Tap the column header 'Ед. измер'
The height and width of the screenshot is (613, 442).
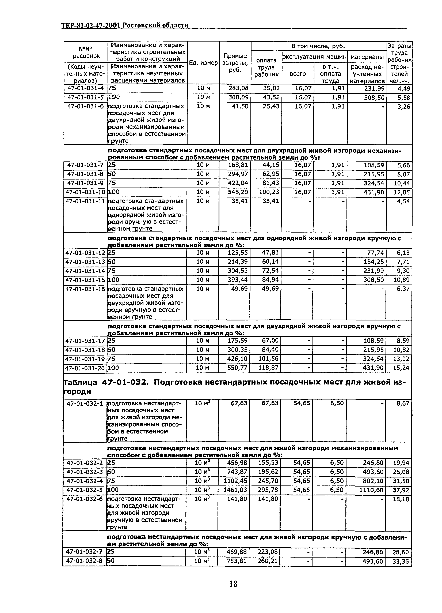(x=203, y=63)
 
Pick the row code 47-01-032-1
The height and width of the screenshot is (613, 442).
(x=85, y=403)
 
